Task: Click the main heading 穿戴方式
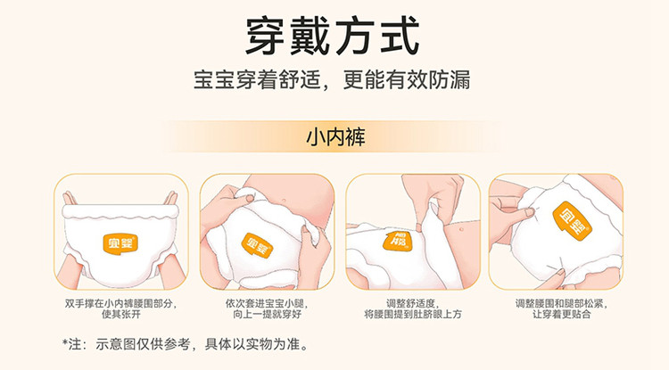(x=333, y=37)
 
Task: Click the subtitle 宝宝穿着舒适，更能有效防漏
(x=332, y=79)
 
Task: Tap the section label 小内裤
(x=335, y=137)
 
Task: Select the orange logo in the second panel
(x=257, y=245)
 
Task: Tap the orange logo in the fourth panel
(x=572, y=218)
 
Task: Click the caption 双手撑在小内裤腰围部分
(x=120, y=303)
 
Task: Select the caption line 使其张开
(x=120, y=315)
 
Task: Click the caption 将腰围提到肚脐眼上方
(x=413, y=315)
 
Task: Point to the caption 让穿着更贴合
(x=561, y=315)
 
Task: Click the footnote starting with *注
(x=186, y=343)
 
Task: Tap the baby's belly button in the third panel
(x=461, y=229)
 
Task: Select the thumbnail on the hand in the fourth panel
(x=530, y=212)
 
